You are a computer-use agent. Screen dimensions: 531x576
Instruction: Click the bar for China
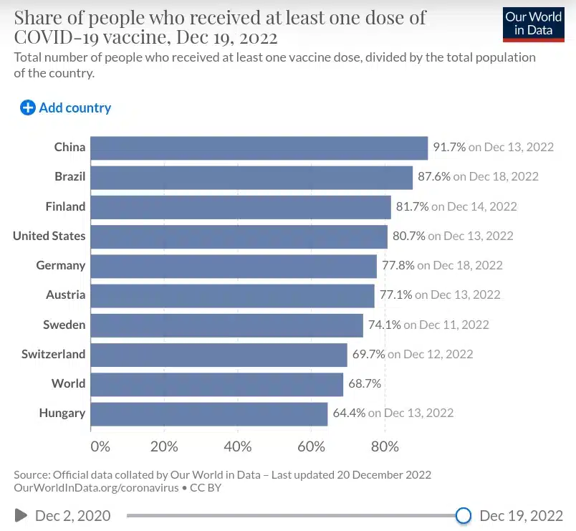pos(259,148)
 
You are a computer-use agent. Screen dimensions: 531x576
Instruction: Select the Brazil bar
pos(251,177)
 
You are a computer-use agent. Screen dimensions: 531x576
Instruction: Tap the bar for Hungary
pos(209,413)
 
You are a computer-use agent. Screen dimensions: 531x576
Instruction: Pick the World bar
pos(217,384)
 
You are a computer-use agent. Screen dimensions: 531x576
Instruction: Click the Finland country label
pos(65,206)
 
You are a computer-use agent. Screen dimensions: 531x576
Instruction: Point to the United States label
pos(49,236)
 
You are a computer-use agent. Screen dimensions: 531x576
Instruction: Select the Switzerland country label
pos(53,354)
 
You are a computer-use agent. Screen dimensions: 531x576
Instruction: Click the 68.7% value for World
pos(365,384)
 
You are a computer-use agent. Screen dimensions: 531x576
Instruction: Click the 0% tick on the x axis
pos(100,446)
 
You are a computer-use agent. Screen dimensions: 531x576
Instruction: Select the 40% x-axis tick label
pos(238,446)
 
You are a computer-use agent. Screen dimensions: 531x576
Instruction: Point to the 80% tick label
pos(385,446)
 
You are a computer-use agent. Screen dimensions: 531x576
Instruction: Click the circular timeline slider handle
pos(464,515)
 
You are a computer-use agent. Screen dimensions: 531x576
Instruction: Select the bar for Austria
pos(232,295)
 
